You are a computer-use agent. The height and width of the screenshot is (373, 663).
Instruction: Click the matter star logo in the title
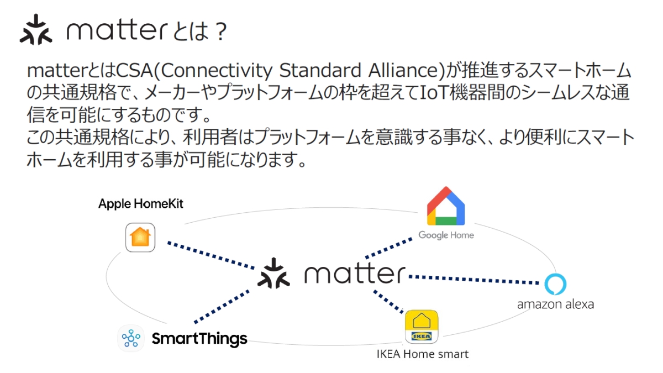point(36,30)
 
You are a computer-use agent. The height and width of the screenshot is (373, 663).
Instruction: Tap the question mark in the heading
point(219,32)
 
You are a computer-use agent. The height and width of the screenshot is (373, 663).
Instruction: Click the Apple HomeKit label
point(141,204)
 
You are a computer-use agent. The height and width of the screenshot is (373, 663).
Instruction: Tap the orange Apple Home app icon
point(140,237)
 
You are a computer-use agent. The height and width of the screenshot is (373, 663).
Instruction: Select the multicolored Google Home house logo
point(446,206)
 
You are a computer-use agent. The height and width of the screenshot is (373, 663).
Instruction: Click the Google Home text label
point(446,235)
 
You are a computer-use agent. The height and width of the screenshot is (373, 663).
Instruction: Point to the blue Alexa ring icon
point(555,284)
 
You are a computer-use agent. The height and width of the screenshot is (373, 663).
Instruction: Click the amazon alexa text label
point(555,304)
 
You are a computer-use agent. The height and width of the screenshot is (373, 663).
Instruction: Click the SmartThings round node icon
point(131,338)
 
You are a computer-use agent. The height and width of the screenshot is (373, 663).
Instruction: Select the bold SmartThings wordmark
point(199,338)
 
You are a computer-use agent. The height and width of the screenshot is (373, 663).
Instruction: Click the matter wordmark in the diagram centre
point(354,274)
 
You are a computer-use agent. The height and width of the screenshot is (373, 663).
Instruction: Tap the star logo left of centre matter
point(274,273)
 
